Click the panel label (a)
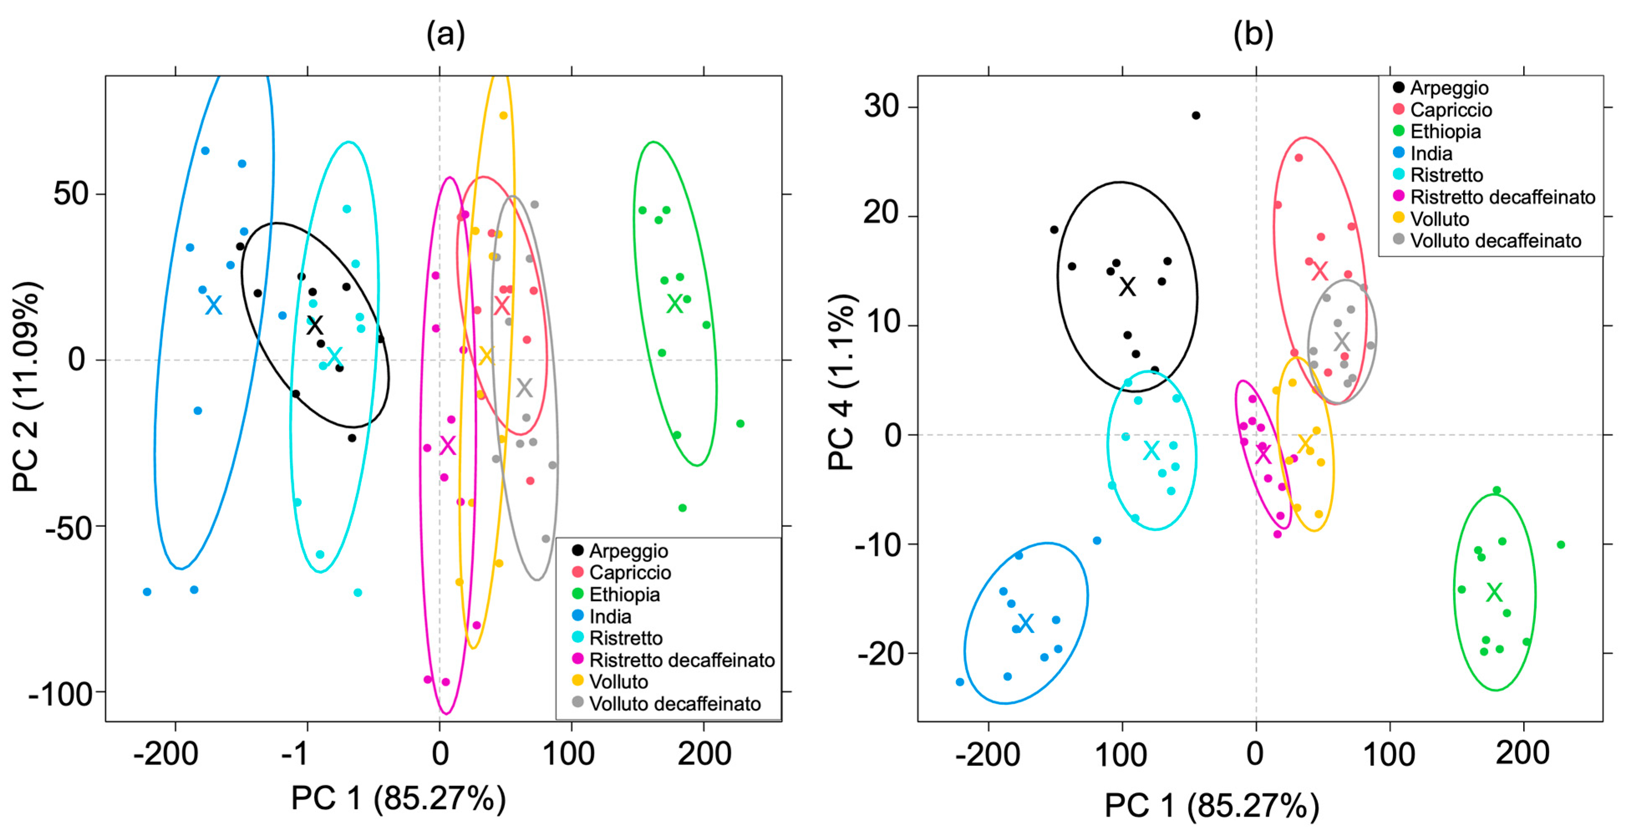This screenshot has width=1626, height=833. point(446,34)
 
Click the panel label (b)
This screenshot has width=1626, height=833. point(1253,34)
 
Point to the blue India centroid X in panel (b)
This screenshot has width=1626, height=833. point(1026,623)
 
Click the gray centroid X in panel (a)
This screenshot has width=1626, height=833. point(524,387)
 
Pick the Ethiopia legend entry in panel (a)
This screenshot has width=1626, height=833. point(624,595)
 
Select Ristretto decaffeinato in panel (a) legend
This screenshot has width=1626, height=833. point(681,660)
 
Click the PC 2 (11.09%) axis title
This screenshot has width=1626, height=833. point(26,387)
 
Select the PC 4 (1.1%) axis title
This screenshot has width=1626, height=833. point(841,381)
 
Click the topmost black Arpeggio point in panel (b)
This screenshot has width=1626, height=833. point(1195,116)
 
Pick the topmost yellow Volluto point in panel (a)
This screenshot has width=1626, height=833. point(503,116)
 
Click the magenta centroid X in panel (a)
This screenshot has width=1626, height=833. point(447,445)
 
